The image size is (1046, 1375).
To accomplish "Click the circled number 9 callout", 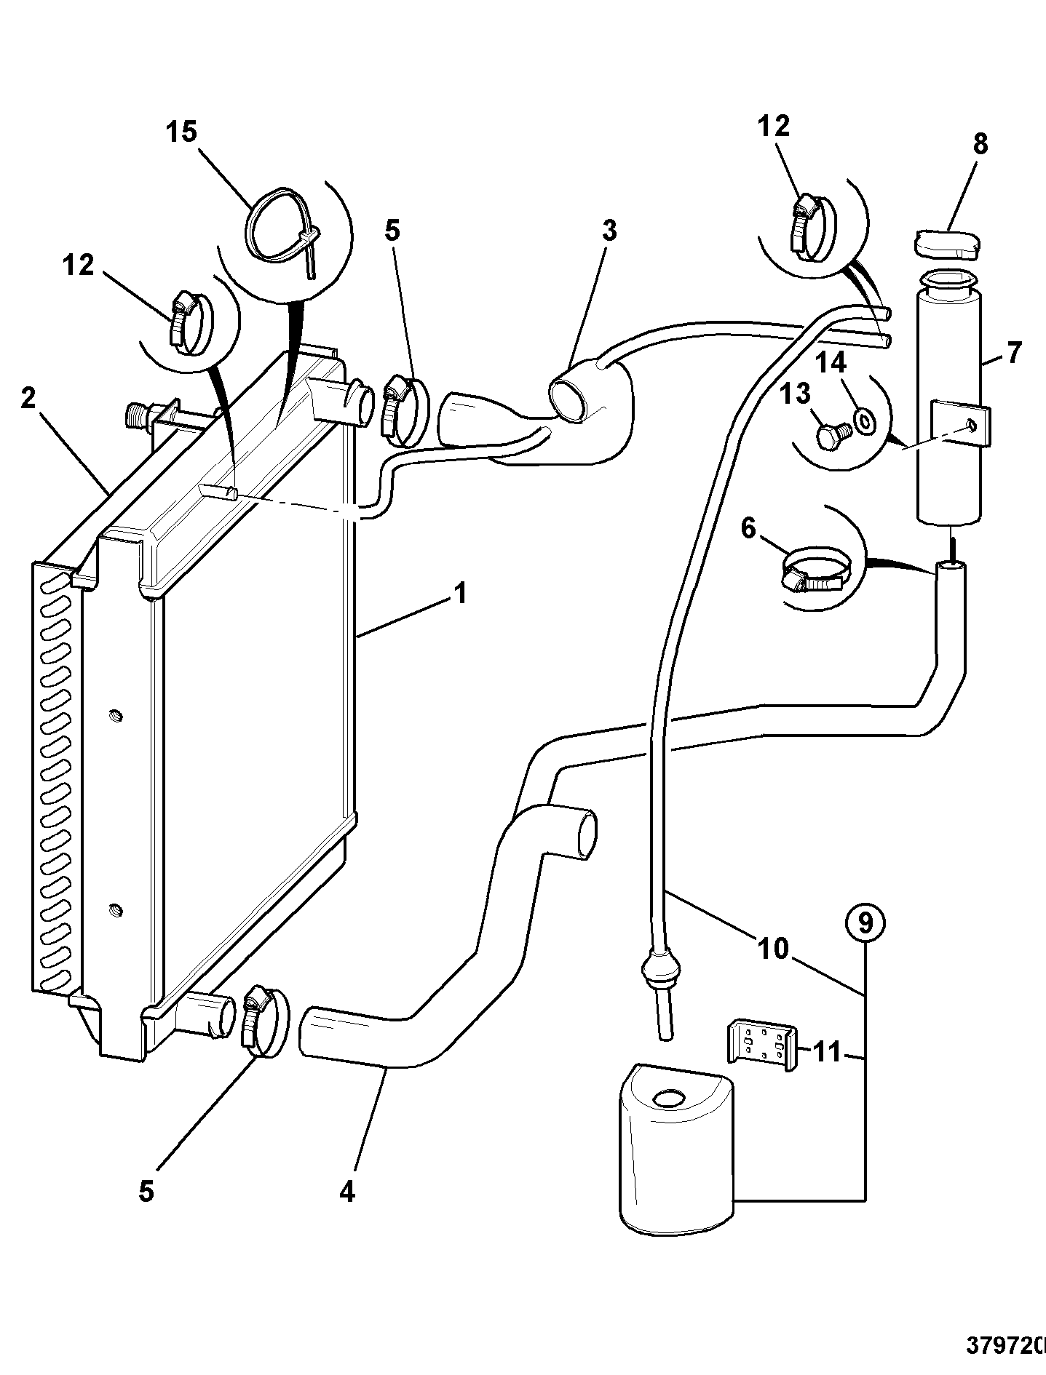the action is click(865, 922).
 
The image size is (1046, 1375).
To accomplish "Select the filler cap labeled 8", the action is click(946, 244).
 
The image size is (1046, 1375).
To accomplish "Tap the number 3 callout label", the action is click(609, 231).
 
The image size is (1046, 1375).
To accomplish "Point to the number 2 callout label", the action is click(28, 399).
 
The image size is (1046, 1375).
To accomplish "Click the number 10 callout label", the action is click(773, 949).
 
